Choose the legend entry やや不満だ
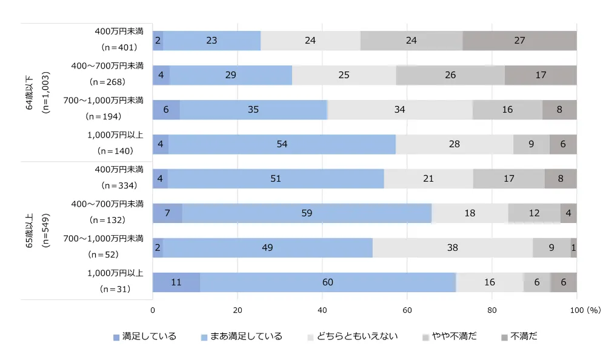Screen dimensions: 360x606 (449, 336)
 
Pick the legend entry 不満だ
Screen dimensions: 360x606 (519, 336)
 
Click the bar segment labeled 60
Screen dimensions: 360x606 (328, 282)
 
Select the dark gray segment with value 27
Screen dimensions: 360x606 (519, 41)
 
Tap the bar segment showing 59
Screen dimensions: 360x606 (307, 213)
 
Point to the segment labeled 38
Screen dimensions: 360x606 (452, 248)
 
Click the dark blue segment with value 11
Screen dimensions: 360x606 (176, 282)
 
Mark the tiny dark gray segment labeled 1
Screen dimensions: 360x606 (573, 248)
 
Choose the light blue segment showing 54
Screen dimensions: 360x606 (282, 144)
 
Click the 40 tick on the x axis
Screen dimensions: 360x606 (322, 310)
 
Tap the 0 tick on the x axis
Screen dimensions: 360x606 (153, 310)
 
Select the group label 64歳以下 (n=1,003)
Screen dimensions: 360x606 (36, 92)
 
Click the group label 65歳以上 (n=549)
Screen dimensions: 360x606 (36, 230)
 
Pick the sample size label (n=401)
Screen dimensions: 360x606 (119, 47)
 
